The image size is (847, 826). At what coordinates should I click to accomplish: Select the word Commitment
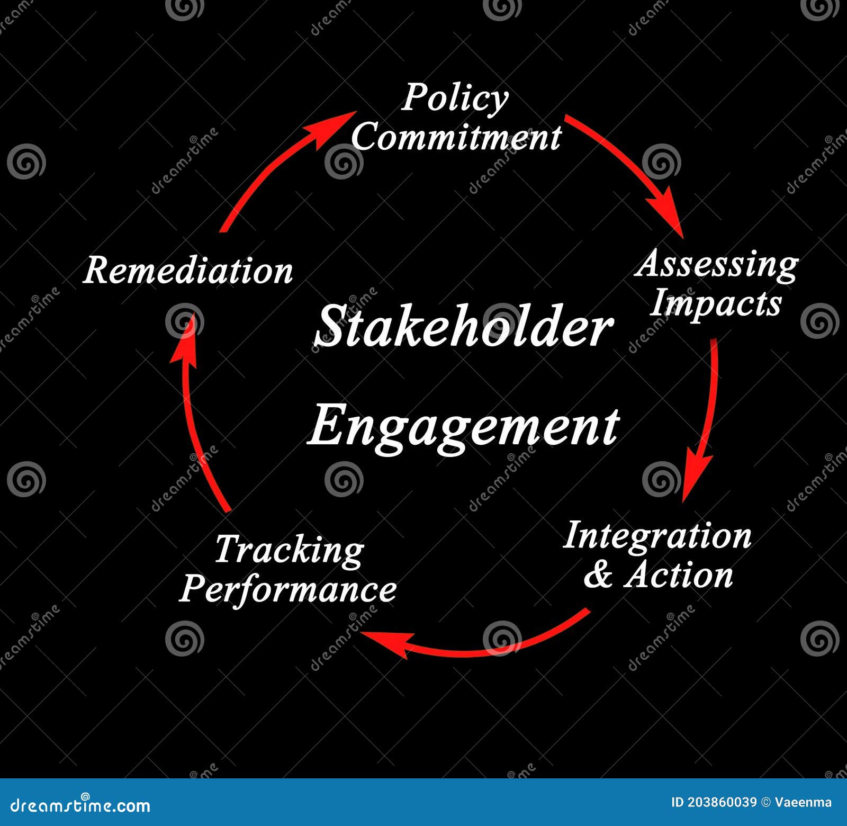456,137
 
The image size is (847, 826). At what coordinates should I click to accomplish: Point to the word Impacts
716,303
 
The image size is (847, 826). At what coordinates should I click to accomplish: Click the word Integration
657,536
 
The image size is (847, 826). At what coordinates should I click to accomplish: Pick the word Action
679,575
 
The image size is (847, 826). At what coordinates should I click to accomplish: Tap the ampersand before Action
598,575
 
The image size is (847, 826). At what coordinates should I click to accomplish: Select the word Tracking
289,551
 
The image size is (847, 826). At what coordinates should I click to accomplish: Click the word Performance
288,589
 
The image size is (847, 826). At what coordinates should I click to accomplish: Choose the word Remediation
188,271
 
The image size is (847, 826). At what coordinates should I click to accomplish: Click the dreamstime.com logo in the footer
80,805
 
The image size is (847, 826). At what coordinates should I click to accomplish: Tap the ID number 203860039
722,802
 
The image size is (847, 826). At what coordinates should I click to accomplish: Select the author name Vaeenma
803,802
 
